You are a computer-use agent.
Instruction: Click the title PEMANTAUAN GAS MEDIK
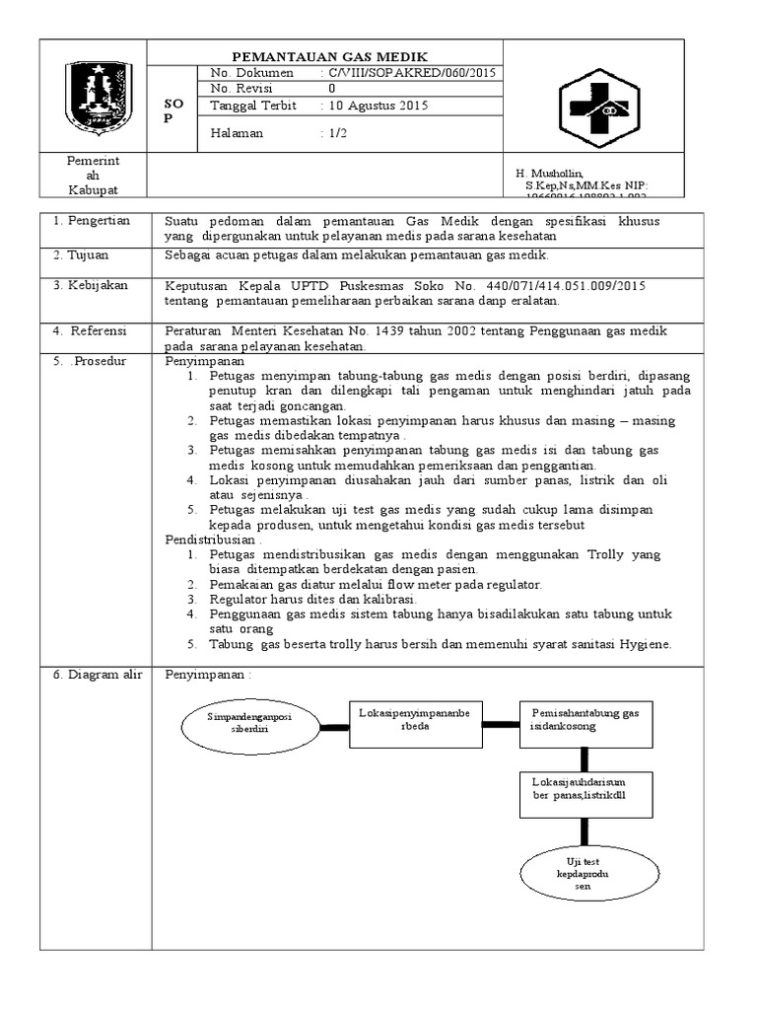point(329,55)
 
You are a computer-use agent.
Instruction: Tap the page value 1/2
point(339,134)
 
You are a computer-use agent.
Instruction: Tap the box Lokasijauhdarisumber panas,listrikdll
point(585,789)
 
